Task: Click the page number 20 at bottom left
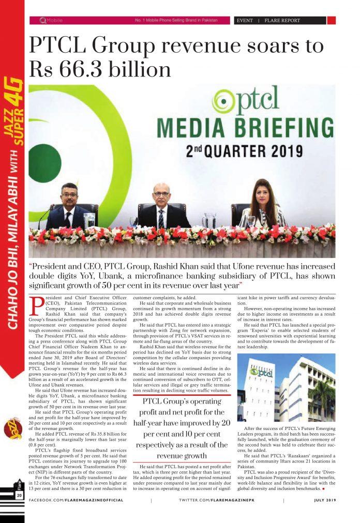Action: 19,495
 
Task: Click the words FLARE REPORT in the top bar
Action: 282,21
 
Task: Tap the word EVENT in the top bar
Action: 245,21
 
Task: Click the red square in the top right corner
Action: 331,20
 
